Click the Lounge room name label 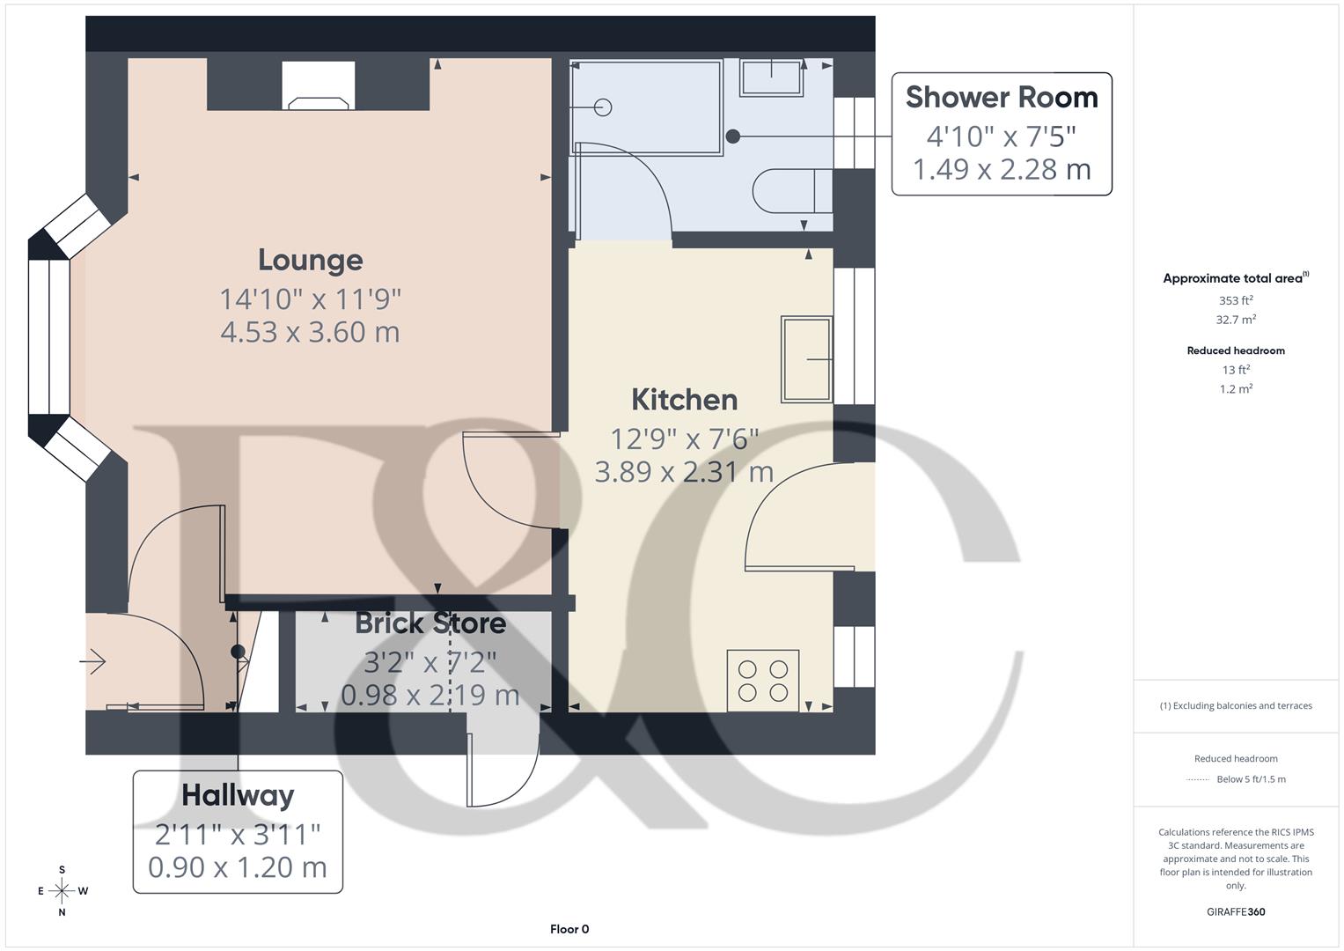click(x=310, y=260)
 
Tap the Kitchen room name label click(x=684, y=400)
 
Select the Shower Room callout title click(x=1002, y=98)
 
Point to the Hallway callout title click(x=238, y=795)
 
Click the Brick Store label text click(x=430, y=623)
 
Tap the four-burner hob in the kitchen click(x=763, y=681)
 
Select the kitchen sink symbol click(x=806, y=358)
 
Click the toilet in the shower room click(x=790, y=191)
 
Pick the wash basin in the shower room click(x=772, y=77)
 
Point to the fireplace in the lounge click(x=319, y=88)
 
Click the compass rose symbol click(x=62, y=891)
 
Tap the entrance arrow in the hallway click(x=93, y=660)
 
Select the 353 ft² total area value click(x=1236, y=300)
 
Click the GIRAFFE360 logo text click(x=1236, y=911)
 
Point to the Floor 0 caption click(x=569, y=929)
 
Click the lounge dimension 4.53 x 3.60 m click(x=310, y=332)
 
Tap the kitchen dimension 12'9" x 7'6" click(x=684, y=439)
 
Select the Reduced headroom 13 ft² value click(x=1236, y=370)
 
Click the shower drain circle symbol click(x=603, y=107)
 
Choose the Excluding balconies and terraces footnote click(x=1236, y=705)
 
